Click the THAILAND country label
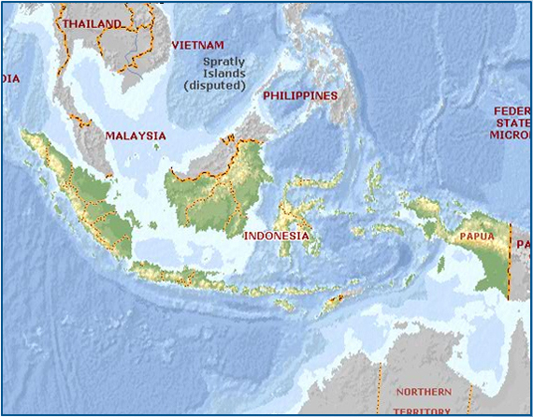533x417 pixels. pos(92,23)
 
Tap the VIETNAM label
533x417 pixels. pos(198,45)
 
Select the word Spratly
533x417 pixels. pos(223,63)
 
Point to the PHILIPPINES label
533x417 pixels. pos(299,96)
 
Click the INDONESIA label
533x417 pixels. pos(276,237)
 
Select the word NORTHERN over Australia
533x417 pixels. pos(423,392)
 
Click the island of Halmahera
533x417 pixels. pos(374,182)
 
